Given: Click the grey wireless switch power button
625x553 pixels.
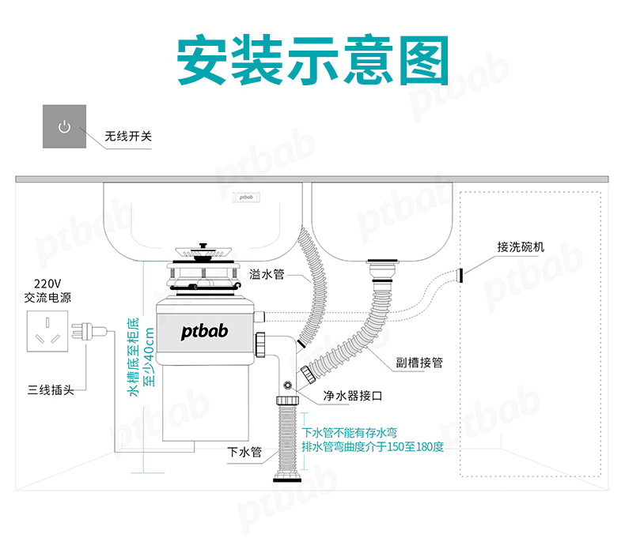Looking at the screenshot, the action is coord(65,126).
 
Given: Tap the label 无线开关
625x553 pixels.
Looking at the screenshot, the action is coord(128,137).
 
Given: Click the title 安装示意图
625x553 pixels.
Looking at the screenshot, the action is coord(313,60).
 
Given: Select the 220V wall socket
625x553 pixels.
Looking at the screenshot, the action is coord(47,332).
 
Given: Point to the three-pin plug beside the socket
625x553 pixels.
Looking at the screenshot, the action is coord(89,331).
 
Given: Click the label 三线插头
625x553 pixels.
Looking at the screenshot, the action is coord(51,389).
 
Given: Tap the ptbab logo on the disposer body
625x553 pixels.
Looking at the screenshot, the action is coord(204,331).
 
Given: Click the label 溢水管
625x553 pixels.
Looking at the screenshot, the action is coord(267,274).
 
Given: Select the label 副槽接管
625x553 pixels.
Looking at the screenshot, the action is coord(419,363).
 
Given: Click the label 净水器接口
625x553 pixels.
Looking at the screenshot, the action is coord(353,396).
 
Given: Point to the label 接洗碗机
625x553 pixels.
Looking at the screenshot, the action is coord(521,246).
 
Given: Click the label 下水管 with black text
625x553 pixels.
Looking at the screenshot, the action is coord(244,452).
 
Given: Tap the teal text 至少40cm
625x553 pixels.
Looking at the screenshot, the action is coord(149,357).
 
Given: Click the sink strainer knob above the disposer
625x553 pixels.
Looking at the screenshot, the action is coord(203,246).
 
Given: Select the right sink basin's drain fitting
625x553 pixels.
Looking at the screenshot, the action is coord(383,270).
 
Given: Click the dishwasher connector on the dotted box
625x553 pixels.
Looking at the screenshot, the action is coord(460,275).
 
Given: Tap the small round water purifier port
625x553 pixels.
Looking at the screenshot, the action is coord(287,386).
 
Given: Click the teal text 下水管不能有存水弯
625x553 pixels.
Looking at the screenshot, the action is coord(349,433).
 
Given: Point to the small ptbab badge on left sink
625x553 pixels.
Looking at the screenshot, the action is coord(246,197).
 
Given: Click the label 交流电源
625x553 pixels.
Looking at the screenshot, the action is coord(47,297).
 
